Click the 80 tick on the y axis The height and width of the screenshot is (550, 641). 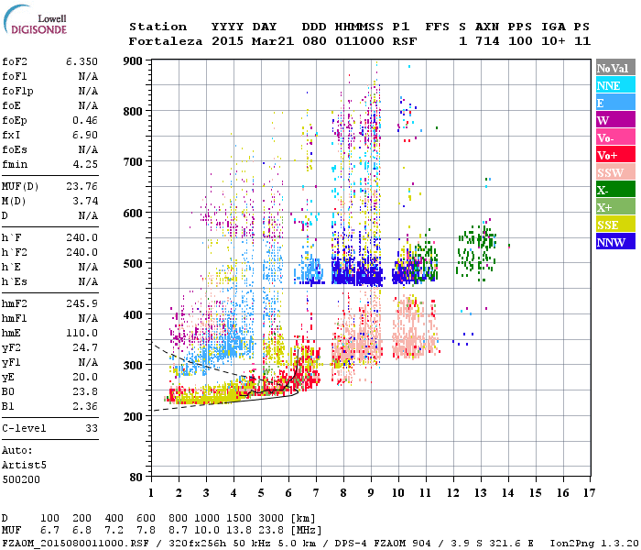[x=136, y=478]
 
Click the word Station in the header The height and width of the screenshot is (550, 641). [x=158, y=27]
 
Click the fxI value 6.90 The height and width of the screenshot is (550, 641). [x=85, y=135]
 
